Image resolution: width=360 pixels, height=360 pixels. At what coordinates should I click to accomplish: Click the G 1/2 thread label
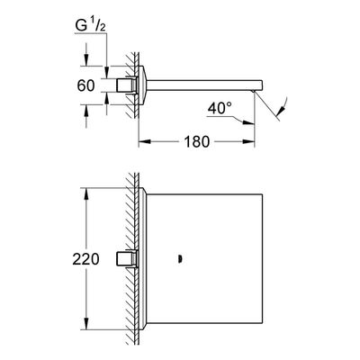(90, 26)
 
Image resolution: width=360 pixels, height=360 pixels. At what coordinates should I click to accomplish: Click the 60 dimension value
(85, 85)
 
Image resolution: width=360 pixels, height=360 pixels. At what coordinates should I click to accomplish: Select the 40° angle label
(220, 108)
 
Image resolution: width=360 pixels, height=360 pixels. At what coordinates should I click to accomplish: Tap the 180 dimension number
(196, 141)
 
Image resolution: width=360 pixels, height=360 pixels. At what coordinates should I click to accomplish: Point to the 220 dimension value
(85, 259)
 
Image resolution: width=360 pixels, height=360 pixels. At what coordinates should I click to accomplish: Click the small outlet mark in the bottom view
(180, 259)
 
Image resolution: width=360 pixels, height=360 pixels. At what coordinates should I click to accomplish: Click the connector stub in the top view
(127, 85)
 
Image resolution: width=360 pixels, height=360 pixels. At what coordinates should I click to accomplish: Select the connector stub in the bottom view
(127, 259)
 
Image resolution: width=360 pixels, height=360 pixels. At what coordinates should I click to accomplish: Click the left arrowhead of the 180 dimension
(144, 141)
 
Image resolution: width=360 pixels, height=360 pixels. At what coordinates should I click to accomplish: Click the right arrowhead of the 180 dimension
(249, 141)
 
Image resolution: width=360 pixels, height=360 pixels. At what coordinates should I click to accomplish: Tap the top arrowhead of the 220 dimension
(86, 193)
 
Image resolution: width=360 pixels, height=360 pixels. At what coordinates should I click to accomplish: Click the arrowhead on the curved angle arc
(282, 112)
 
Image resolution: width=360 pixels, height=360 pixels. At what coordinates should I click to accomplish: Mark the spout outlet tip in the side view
(254, 91)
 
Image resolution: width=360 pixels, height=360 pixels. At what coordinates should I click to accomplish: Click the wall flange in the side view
(142, 85)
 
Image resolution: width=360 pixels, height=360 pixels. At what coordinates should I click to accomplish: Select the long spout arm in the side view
(204, 85)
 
